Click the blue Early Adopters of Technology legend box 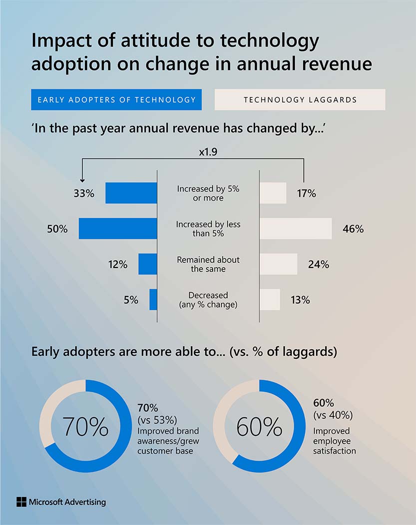pos(116,99)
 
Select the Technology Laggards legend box pos(300,99)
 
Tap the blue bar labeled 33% pos(131,193)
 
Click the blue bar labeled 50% pos(118,228)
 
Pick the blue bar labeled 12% pos(147,264)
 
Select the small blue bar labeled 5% pos(153,299)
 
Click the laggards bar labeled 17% pos(273,193)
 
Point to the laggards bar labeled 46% pos(296,228)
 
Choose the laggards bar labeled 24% pos(279,264)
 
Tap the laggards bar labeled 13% pos(270,299)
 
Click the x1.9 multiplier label pos(208,151)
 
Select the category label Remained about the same pos(208,264)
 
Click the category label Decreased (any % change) pos(208,299)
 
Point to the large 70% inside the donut pos(85,426)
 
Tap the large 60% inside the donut pos(259,426)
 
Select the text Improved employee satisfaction pos(334,440)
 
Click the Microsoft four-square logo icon pos(21,502)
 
